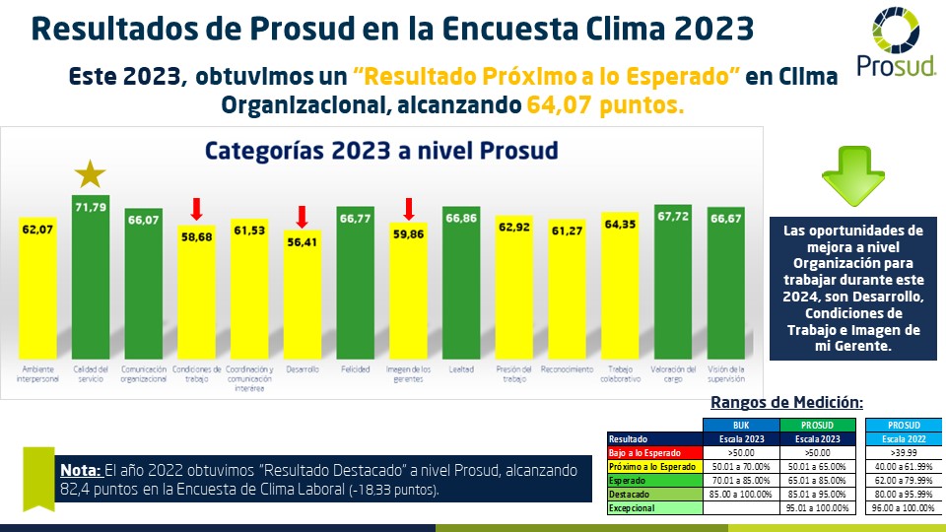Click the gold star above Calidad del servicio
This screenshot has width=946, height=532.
click(91, 174)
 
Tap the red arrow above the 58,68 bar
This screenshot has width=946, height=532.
click(196, 208)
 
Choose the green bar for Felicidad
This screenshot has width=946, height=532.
click(356, 286)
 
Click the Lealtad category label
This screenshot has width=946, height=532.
click(461, 369)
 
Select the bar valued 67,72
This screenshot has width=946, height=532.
click(673, 286)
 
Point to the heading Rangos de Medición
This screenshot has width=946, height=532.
click(786, 402)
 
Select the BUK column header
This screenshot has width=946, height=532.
click(739, 425)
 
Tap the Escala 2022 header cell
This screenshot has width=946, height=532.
click(902, 438)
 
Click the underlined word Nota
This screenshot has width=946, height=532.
click(78, 470)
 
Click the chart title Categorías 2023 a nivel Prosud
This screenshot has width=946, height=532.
click(380, 151)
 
